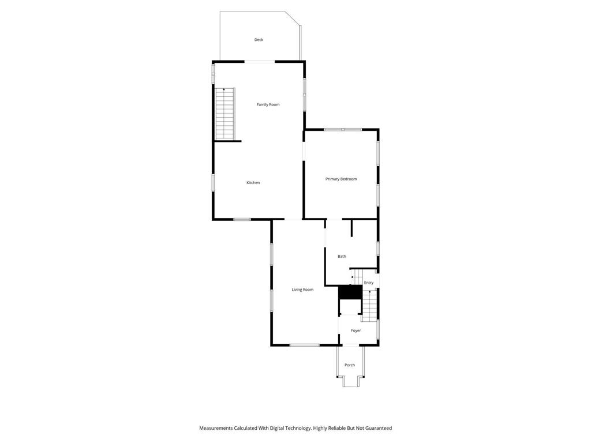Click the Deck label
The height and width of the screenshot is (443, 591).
tap(259, 40)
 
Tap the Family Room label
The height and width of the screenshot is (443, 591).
tap(268, 104)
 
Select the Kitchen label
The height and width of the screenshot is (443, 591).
tap(253, 183)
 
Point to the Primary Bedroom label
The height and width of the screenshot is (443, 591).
tap(341, 179)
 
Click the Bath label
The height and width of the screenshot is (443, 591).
tap(342, 256)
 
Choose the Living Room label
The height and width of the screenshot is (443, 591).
tap(302, 290)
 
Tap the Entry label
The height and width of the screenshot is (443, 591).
tap(368, 283)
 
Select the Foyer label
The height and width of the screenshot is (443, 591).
tap(356, 331)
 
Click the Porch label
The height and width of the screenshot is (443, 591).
tap(350, 365)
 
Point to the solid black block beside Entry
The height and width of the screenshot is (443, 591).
tap(349, 292)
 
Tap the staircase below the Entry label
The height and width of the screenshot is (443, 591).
tap(369, 306)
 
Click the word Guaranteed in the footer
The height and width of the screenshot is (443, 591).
tap(377, 428)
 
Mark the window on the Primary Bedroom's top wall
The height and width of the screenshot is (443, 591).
tap(343, 129)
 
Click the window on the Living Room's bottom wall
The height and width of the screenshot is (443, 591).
tap(304, 345)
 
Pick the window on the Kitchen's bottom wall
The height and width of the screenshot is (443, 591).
tap(242, 219)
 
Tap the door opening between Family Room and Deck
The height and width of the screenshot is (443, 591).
tap(260, 61)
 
